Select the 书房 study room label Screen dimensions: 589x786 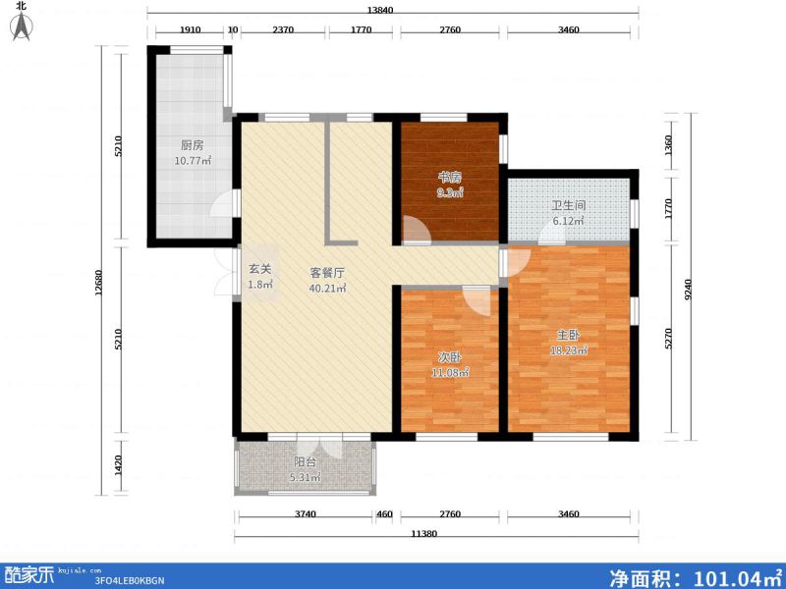point(450,178)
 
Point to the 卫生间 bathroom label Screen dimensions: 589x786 point(568,206)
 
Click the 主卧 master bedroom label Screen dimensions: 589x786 point(569,335)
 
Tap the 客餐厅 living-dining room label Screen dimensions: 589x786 point(326,273)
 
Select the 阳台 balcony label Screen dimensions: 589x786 point(305,462)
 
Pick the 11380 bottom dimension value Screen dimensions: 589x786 point(422,533)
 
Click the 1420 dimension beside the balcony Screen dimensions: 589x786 point(119,464)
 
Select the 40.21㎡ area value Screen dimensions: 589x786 point(326,289)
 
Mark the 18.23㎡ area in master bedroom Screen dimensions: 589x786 point(569,350)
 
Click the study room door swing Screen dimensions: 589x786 point(417,231)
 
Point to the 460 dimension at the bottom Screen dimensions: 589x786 point(384,513)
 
